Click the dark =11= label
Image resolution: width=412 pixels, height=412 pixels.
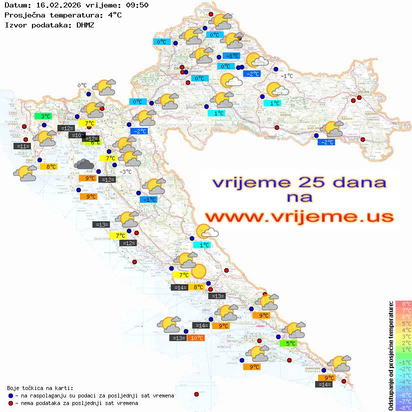22,146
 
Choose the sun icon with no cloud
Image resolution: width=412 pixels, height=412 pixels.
198,271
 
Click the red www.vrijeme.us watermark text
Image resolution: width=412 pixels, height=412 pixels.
299,217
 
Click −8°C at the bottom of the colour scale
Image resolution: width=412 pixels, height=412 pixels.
404,408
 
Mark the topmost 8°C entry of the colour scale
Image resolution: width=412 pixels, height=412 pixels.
404,304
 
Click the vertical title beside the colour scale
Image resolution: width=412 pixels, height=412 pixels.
391,356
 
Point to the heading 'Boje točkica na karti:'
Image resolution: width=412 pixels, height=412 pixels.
40,388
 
